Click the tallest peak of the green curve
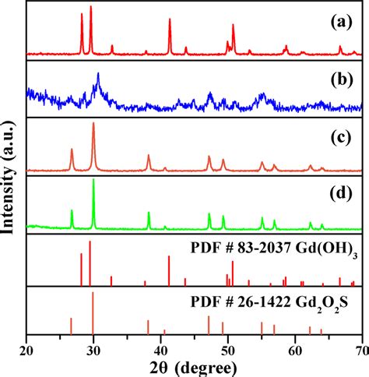tap(93, 180)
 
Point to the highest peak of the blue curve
tap(98, 74)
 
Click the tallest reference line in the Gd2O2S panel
tap(93, 294)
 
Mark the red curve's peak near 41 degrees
tap(170, 19)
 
